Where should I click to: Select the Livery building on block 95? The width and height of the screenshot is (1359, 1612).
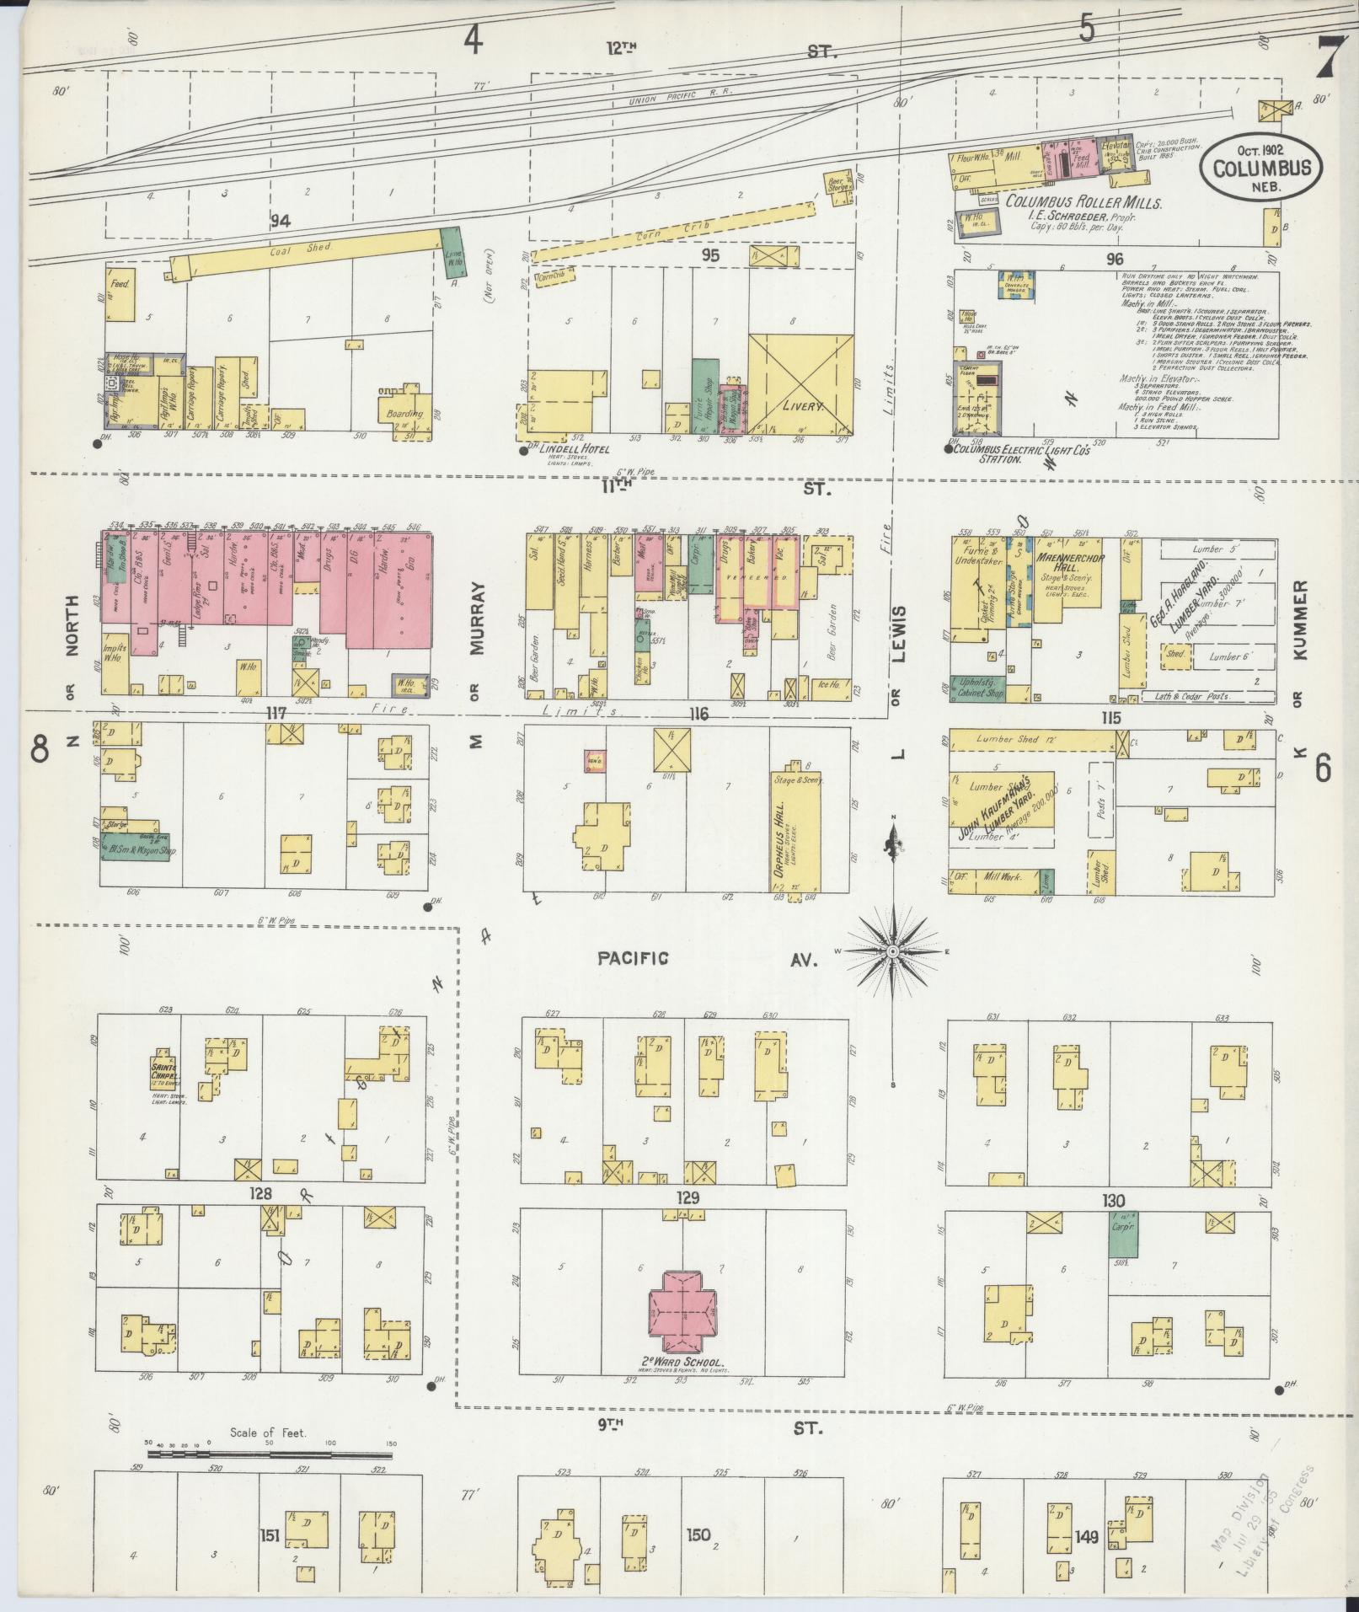[800, 383]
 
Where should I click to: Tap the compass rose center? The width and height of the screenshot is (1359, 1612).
[891, 951]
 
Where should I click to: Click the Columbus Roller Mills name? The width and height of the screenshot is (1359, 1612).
[1083, 203]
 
